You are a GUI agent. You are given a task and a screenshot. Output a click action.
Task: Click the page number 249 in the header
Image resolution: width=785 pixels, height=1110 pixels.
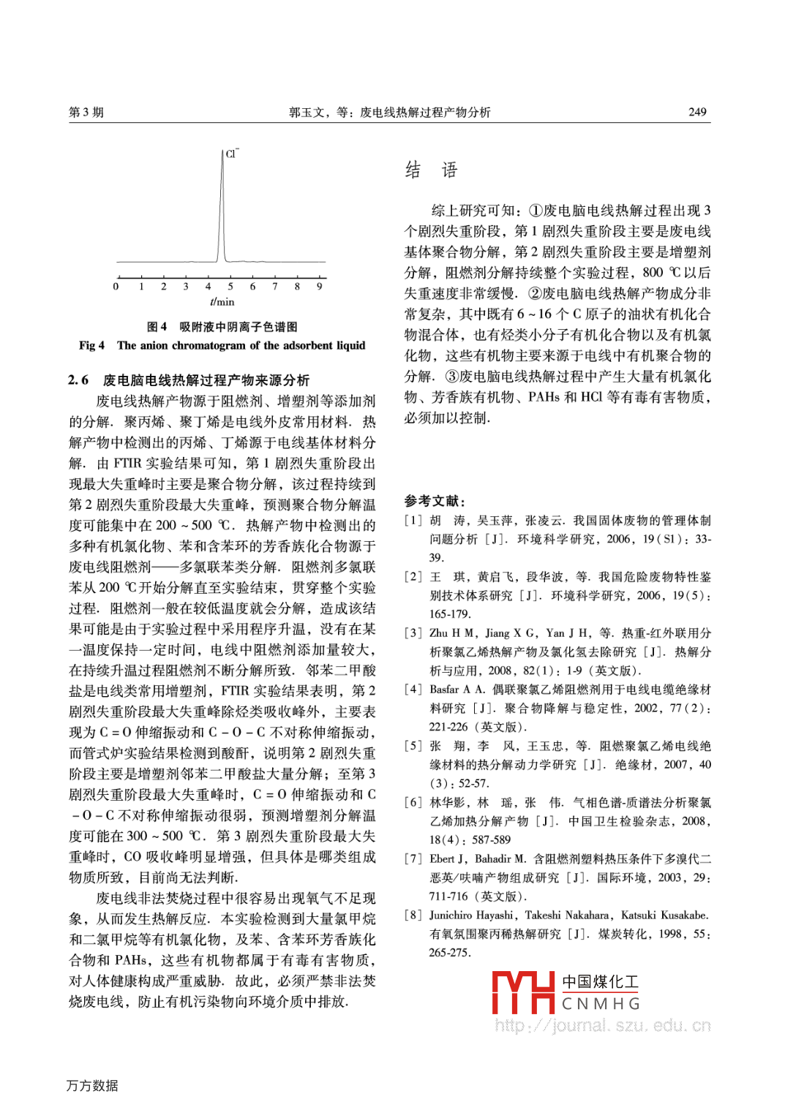[x=697, y=112]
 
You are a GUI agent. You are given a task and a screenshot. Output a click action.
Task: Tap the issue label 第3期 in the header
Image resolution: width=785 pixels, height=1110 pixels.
[x=86, y=112]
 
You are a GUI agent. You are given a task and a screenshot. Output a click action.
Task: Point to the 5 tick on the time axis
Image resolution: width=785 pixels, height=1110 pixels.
[x=230, y=286]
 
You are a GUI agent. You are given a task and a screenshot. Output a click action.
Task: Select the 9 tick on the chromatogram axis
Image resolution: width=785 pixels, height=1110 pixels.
[x=320, y=286]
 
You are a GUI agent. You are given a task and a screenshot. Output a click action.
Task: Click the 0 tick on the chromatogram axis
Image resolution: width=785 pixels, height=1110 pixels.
[x=116, y=286]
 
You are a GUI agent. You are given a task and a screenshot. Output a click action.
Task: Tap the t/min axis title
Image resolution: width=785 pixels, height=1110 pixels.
[x=222, y=301]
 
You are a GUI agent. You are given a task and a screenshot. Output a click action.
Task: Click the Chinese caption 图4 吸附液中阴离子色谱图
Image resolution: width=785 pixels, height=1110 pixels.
[x=222, y=327]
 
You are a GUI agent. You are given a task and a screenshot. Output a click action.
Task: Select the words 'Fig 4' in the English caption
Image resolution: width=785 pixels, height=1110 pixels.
[x=91, y=345]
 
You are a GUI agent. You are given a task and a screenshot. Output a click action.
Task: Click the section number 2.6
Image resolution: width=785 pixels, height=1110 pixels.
[x=78, y=380]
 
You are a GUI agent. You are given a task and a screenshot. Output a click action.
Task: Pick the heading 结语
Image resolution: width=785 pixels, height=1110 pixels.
[x=431, y=170]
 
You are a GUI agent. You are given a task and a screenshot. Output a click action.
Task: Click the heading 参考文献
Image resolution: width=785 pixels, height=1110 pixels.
[x=435, y=501]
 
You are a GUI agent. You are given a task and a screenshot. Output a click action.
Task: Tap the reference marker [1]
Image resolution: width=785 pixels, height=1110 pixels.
[x=413, y=521]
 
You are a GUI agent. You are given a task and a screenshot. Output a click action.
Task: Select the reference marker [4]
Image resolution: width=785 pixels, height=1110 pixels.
[x=413, y=690]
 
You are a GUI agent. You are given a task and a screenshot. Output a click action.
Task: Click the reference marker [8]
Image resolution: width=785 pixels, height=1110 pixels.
[x=413, y=915]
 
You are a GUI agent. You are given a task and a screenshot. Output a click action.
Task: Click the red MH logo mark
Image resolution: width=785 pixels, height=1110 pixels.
[x=523, y=992]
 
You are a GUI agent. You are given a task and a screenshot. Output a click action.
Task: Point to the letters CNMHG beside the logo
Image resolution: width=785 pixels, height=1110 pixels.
[x=601, y=1004]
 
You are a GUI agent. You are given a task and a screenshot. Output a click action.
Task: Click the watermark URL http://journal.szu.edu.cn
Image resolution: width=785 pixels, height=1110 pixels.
[x=603, y=1026]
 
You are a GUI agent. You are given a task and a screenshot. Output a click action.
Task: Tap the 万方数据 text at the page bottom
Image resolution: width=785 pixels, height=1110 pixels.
[x=92, y=1086]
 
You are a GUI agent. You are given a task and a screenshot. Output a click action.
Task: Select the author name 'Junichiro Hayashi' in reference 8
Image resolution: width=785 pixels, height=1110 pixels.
[x=471, y=915]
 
